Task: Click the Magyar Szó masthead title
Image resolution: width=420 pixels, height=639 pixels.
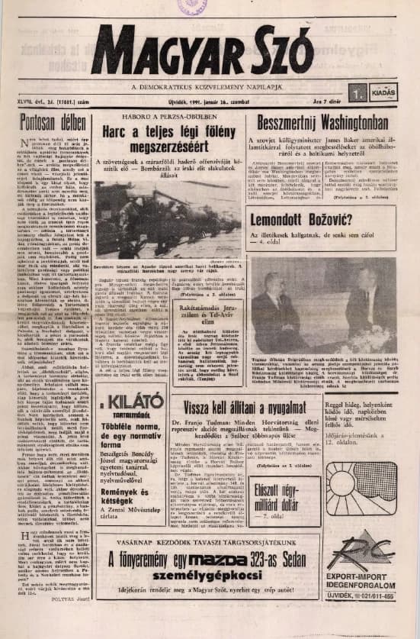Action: tap(202, 53)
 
